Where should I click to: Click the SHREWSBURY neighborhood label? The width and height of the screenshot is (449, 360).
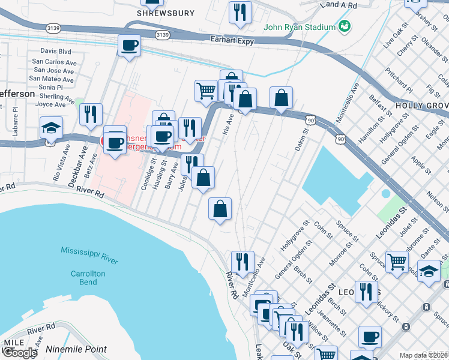pos(157,13)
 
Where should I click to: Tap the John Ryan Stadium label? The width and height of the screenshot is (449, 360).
pos(300,27)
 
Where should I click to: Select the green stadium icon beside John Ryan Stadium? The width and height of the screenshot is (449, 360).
pos(345,26)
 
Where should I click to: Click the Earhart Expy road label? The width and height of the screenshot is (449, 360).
pos(232,40)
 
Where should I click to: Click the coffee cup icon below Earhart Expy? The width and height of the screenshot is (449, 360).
pos(129,46)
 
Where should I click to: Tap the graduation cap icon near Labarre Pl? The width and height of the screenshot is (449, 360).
pos(52,128)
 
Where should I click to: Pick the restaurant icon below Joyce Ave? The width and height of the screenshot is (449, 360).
pos(91,113)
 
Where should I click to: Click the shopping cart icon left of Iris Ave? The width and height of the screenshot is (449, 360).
pos(206,90)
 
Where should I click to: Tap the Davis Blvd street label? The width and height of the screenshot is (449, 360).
pos(56,52)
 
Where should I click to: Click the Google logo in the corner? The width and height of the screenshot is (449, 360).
pos(19,353)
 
